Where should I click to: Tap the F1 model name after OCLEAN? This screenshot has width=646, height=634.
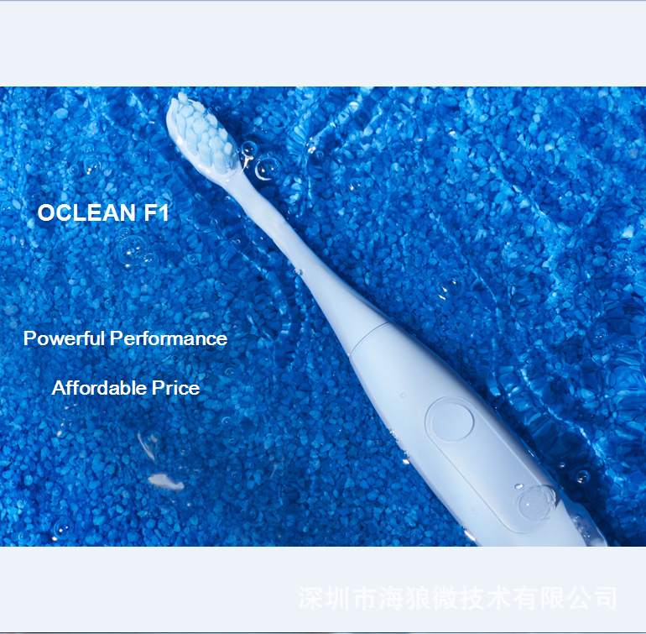pos(157,213)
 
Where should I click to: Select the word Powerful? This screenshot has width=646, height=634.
pos(65,338)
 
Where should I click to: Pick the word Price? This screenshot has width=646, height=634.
pos(175,388)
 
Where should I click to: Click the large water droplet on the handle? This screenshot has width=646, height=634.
pos(534,504)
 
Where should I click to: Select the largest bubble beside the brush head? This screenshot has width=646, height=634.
pos(268,168)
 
